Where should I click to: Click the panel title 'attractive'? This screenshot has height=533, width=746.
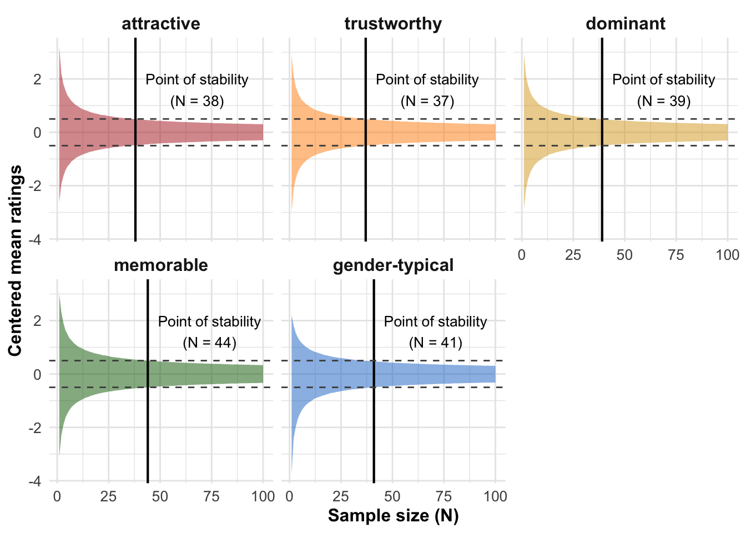(x=161, y=24)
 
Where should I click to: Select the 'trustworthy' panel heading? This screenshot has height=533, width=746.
(x=393, y=24)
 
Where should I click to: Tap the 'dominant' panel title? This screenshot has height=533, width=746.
(x=626, y=24)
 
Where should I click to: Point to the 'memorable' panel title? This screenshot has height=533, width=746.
(x=161, y=265)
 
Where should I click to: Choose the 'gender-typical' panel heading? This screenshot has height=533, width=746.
(x=393, y=265)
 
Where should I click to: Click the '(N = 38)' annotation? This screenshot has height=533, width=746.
(x=197, y=101)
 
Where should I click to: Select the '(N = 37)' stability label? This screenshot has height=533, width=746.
(x=427, y=101)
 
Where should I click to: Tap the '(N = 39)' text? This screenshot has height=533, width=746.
(x=664, y=101)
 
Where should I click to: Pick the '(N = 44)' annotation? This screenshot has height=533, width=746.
(x=210, y=343)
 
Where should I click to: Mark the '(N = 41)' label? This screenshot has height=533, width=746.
(x=436, y=343)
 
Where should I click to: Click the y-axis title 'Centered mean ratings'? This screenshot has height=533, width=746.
(x=16, y=260)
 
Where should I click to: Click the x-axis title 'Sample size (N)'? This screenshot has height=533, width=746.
(x=393, y=516)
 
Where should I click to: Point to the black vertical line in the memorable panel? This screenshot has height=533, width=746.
(x=148, y=422)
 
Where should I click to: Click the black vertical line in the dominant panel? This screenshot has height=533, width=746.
(x=602, y=183)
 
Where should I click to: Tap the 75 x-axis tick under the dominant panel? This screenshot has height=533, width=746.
(x=676, y=255)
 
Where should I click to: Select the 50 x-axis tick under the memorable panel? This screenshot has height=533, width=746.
(x=160, y=496)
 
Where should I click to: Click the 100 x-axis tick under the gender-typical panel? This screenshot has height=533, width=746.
(x=495, y=496)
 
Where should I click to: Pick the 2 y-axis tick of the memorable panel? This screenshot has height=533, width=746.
(x=38, y=321)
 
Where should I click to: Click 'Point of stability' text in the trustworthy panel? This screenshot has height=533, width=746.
(x=427, y=80)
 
